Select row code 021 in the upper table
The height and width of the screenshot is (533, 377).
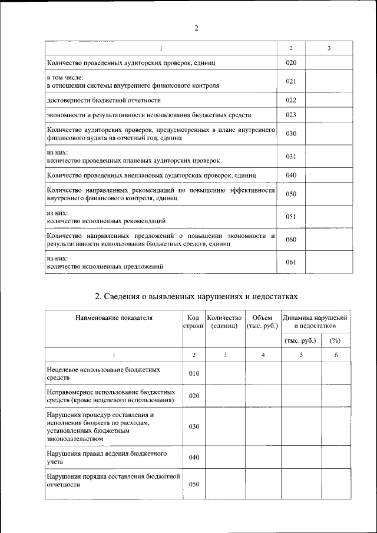pos(291,81)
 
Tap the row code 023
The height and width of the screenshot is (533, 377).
pos(291,115)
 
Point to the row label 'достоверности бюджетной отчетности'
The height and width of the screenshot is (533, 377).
pos(104,100)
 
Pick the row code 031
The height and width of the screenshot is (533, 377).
pos(291,156)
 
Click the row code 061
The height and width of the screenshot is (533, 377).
pos(291,263)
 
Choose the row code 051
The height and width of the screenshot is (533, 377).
pos(291,217)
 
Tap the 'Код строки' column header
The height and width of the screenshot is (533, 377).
pos(194,322)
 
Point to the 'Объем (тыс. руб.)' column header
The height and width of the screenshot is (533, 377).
pos(263,322)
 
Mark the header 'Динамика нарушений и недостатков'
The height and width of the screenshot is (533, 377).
pos(315,322)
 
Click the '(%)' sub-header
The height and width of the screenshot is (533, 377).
pos(335,340)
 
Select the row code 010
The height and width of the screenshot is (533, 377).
pos(194,373)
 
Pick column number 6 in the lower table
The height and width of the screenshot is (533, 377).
pos(335,355)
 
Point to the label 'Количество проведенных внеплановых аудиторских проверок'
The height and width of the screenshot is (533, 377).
pos(151,176)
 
